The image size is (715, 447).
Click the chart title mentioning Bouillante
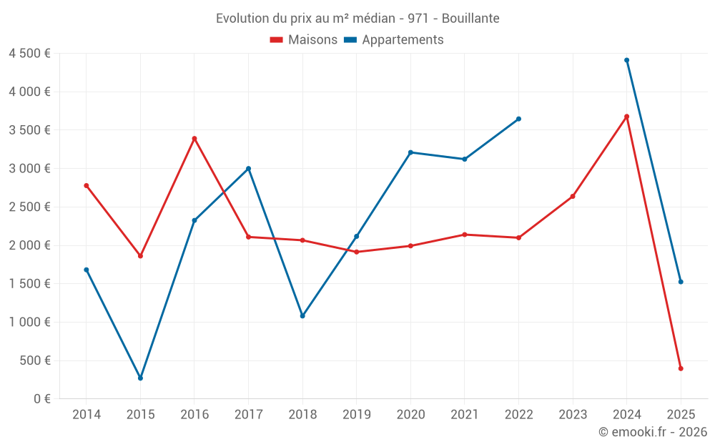[357, 18]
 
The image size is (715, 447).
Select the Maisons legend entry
[304, 40]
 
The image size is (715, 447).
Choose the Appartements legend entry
[394, 40]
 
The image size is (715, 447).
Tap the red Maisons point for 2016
[194, 139]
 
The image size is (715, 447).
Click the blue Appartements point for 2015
[140, 378]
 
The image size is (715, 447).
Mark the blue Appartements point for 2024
[626, 60]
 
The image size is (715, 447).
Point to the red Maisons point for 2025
[681, 368]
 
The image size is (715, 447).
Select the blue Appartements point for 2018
[302, 315]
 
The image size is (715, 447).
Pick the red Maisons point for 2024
[626, 117]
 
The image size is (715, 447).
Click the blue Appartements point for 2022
[518, 119]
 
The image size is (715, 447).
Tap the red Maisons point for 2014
[87, 185]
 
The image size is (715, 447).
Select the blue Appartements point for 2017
[248, 169]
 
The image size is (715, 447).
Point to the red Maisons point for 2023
[573, 196]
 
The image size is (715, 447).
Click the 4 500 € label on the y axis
[29, 54]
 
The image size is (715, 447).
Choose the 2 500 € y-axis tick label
[29, 207]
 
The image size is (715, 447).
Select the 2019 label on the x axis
[356, 415]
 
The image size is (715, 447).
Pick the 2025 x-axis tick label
[681, 415]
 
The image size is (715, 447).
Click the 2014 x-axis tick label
[87, 415]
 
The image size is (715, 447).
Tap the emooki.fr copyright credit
[652, 432]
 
